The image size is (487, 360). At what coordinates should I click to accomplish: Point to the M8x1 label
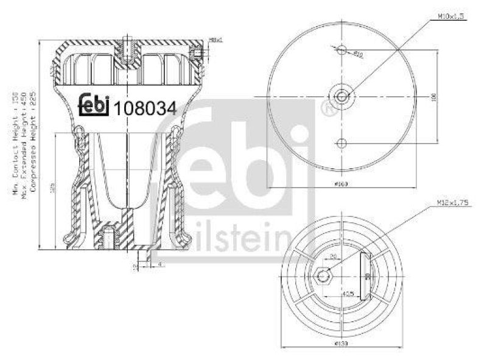(x=217, y=40)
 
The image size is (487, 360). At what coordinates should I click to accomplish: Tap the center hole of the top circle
(x=342, y=96)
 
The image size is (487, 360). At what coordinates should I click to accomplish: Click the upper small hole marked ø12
(x=342, y=50)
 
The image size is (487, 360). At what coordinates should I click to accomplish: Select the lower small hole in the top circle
(x=342, y=143)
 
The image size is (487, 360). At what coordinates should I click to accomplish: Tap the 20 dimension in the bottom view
(x=333, y=256)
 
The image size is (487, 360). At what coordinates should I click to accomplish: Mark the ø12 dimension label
(x=359, y=54)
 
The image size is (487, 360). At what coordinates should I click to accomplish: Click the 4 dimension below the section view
(x=159, y=264)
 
